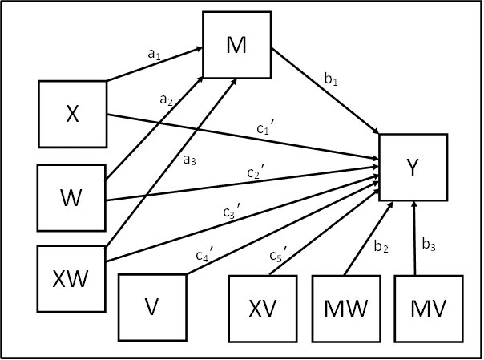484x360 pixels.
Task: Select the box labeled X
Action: coord(73,114)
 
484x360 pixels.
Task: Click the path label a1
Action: coord(154,54)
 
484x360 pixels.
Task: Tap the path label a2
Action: coord(166,100)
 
